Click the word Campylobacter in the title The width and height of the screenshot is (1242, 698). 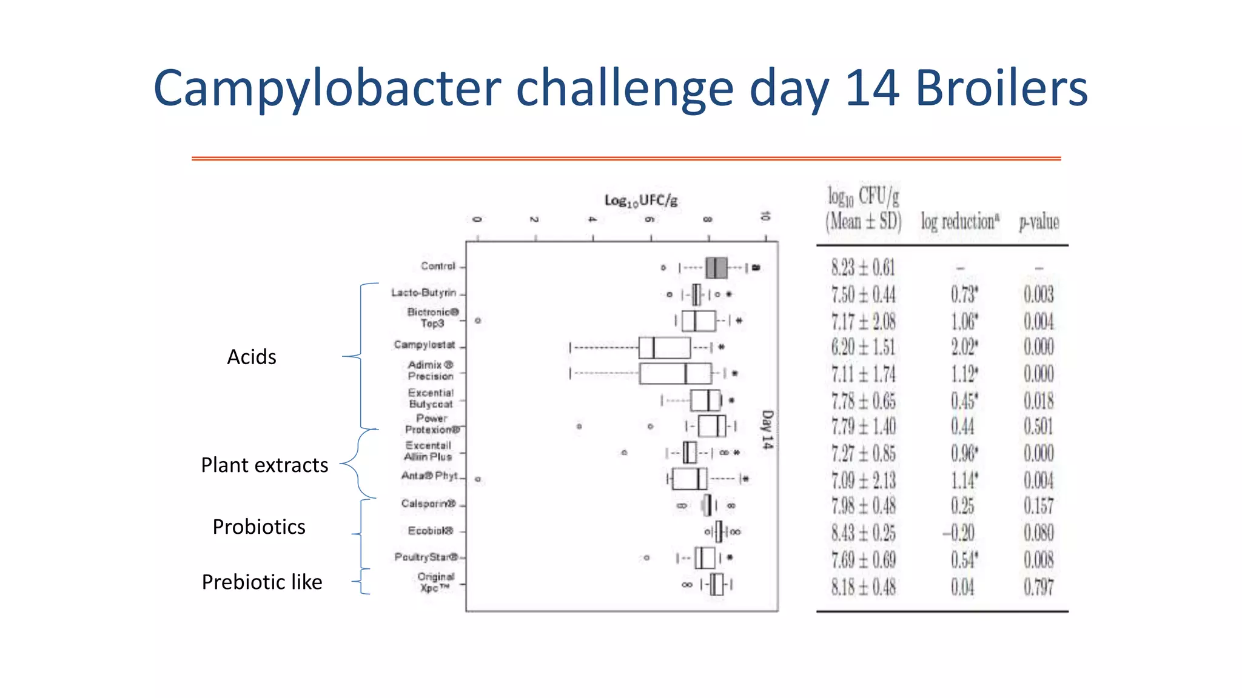(327, 88)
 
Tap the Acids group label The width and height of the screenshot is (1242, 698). (251, 357)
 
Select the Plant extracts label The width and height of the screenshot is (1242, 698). (264, 465)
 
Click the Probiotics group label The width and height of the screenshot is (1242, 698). (259, 527)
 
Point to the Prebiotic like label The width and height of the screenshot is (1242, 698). (262, 582)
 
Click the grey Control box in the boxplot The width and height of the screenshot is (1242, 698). (716, 267)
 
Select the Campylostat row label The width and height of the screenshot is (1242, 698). (425, 345)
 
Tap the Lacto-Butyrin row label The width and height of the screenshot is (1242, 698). (424, 293)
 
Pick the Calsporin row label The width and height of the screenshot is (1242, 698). (428, 504)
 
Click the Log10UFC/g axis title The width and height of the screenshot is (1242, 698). (641, 201)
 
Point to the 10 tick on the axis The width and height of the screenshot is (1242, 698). (765, 216)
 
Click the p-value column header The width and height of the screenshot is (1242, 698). (1039, 222)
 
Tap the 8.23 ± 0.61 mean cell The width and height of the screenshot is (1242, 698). (863, 267)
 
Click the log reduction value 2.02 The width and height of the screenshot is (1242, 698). (964, 347)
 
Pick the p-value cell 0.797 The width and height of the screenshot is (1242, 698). (1039, 587)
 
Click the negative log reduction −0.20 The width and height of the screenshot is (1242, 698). (958, 533)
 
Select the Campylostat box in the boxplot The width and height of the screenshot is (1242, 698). (664, 348)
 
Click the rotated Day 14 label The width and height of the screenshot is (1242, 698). (767, 430)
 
